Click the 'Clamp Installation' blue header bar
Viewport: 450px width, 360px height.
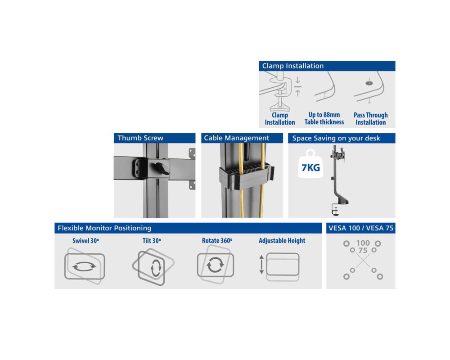tap(327, 66)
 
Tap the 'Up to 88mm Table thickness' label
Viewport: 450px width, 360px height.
tap(324, 118)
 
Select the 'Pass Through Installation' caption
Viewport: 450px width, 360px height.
tap(370, 118)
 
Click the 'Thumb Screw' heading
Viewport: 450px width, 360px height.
tap(140, 138)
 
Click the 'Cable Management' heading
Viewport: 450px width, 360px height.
tap(237, 138)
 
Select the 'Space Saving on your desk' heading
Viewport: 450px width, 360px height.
tap(336, 138)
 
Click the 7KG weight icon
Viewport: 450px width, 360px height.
tap(310, 164)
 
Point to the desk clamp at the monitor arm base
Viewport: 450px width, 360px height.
tap(335, 209)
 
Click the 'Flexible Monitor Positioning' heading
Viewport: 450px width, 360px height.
tap(104, 228)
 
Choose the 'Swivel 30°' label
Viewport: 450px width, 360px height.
tap(85, 241)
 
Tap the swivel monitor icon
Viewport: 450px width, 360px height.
tap(85, 266)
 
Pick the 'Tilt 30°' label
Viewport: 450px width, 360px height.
tap(152, 241)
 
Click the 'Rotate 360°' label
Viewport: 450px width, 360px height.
tap(217, 241)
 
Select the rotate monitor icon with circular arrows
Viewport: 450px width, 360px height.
tap(215, 265)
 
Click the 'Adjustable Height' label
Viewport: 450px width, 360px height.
tap(282, 241)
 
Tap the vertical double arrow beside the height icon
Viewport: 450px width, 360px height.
tap(261, 265)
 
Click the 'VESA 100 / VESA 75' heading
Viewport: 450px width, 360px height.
tap(361, 228)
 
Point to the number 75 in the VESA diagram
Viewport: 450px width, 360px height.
tap(363, 251)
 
